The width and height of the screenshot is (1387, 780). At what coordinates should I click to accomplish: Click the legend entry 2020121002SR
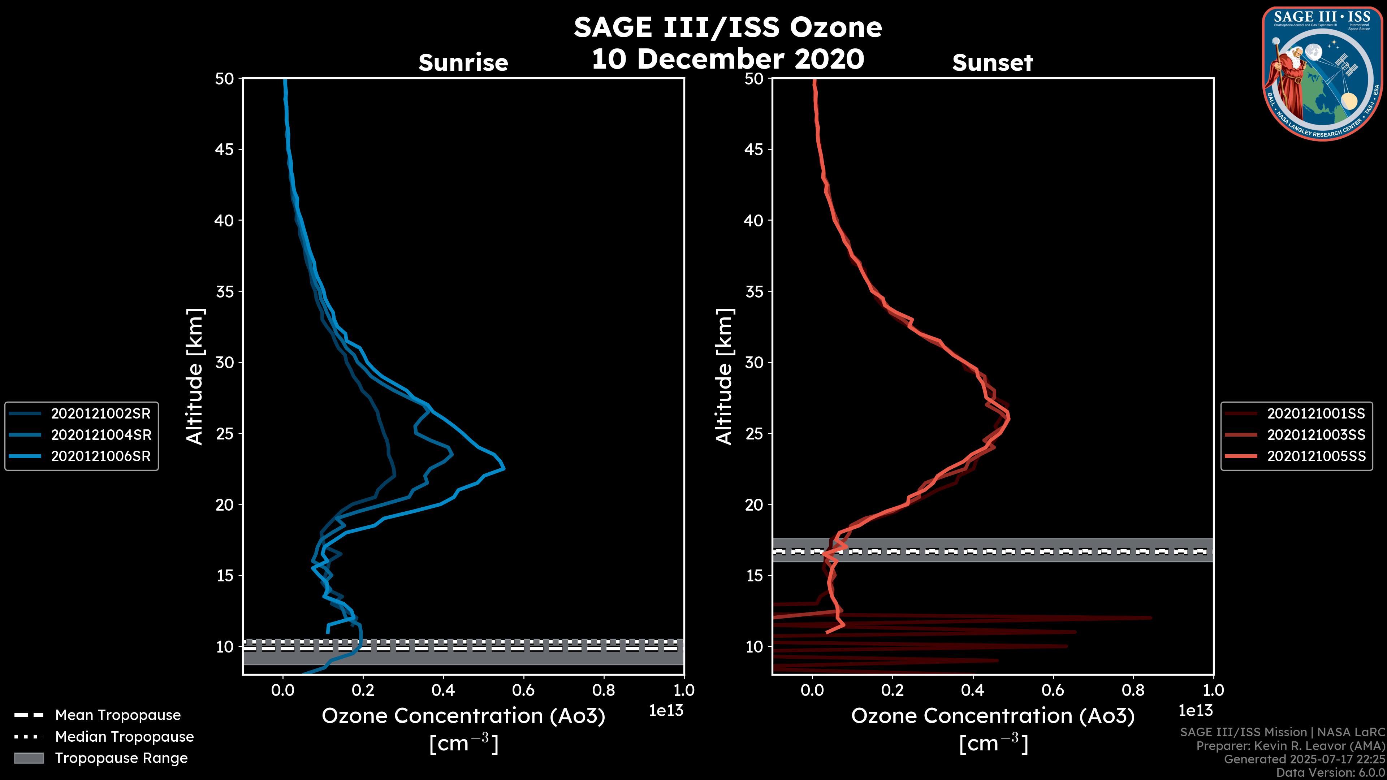(x=101, y=413)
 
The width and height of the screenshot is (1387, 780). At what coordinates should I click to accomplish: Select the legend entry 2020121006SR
(x=101, y=456)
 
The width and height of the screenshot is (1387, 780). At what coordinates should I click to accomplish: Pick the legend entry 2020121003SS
(x=1316, y=434)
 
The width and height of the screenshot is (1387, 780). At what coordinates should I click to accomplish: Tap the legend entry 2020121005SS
(x=1316, y=456)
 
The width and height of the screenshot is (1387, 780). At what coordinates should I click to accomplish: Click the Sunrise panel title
(x=463, y=63)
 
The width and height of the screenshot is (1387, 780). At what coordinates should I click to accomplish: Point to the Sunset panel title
(x=992, y=63)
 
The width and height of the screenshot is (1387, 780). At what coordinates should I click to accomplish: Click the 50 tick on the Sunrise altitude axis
(x=225, y=79)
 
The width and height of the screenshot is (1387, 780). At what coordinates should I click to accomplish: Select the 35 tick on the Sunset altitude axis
(x=754, y=291)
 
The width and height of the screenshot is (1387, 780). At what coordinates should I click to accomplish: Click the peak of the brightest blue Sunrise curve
(x=504, y=469)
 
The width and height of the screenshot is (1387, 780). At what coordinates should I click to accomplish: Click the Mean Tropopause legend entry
(x=117, y=715)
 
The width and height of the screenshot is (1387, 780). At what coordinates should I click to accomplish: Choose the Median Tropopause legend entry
(x=124, y=736)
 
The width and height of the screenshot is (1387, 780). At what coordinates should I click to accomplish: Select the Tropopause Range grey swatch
(x=29, y=758)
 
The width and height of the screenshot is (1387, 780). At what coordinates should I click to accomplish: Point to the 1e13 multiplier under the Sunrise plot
(x=666, y=711)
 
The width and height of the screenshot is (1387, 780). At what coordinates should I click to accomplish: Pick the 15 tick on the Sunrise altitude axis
(x=225, y=576)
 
